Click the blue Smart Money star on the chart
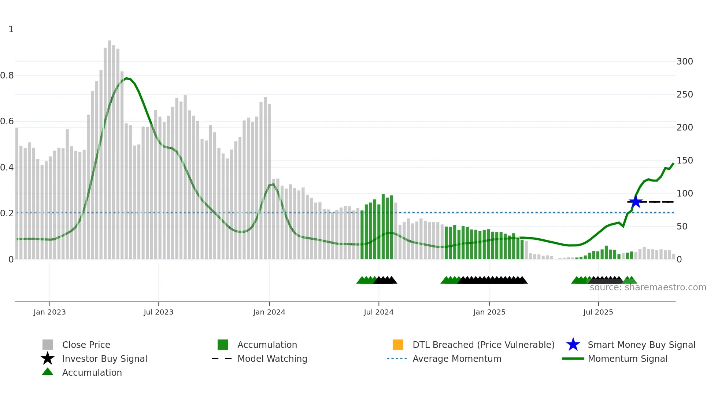pyautogui.click(x=635, y=202)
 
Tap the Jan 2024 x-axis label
pyautogui.click(x=269, y=312)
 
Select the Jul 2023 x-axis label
pyautogui.click(x=158, y=312)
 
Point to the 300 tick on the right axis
pyautogui.click(x=684, y=62)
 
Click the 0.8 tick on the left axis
pyautogui.click(x=7, y=76)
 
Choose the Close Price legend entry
pyautogui.click(x=86, y=345)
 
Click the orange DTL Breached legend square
pyautogui.click(x=398, y=345)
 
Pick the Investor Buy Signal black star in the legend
pyautogui.click(x=48, y=359)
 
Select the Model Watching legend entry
pyautogui.click(x=272, y=359)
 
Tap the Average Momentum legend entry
pyautogui.click(x=456, y=359)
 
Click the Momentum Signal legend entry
pyautogui.click(x=627, y=359)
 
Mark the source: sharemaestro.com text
pyautogui.click(x=648, y=287)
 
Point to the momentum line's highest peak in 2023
pyautogui.click(x=126, y=78)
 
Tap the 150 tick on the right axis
pyautogui.click(x=684, y=161)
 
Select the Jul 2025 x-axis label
pyautogui.click(x=598, y=312)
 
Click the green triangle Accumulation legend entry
pyautogui.click(x=92, y=372)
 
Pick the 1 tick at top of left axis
pyautogui.click(x=11, y=29)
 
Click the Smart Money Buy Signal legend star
pyautogui.click(x=573, y=345)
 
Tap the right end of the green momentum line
pyautogui.click(x=673, y=164)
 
